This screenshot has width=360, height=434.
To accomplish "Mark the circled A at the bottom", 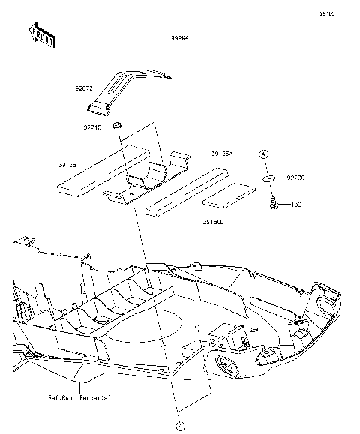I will tap(179, 425).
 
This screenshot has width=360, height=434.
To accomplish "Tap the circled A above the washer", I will tap(264, 154).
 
